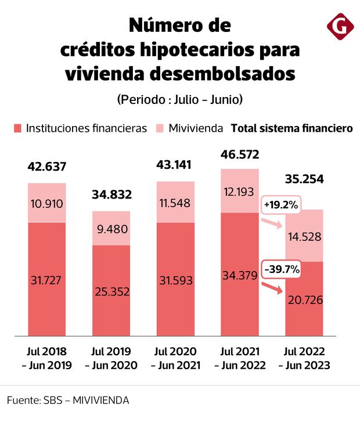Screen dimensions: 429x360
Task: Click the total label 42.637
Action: coord(47,167)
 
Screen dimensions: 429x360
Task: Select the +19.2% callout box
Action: coord(280,205)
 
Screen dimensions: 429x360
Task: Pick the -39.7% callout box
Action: coord(280,269)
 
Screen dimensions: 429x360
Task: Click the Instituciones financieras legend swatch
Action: coord(16,128)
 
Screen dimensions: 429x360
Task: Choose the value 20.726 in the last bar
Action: coord(304,300)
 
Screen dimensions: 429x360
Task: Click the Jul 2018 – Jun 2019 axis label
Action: coord(47,358)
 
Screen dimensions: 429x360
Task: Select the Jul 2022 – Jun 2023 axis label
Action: coord(304,358)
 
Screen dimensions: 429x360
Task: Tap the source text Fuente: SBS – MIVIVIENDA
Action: coord(68,401)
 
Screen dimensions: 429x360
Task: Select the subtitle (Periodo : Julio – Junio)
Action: coord(179,99)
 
